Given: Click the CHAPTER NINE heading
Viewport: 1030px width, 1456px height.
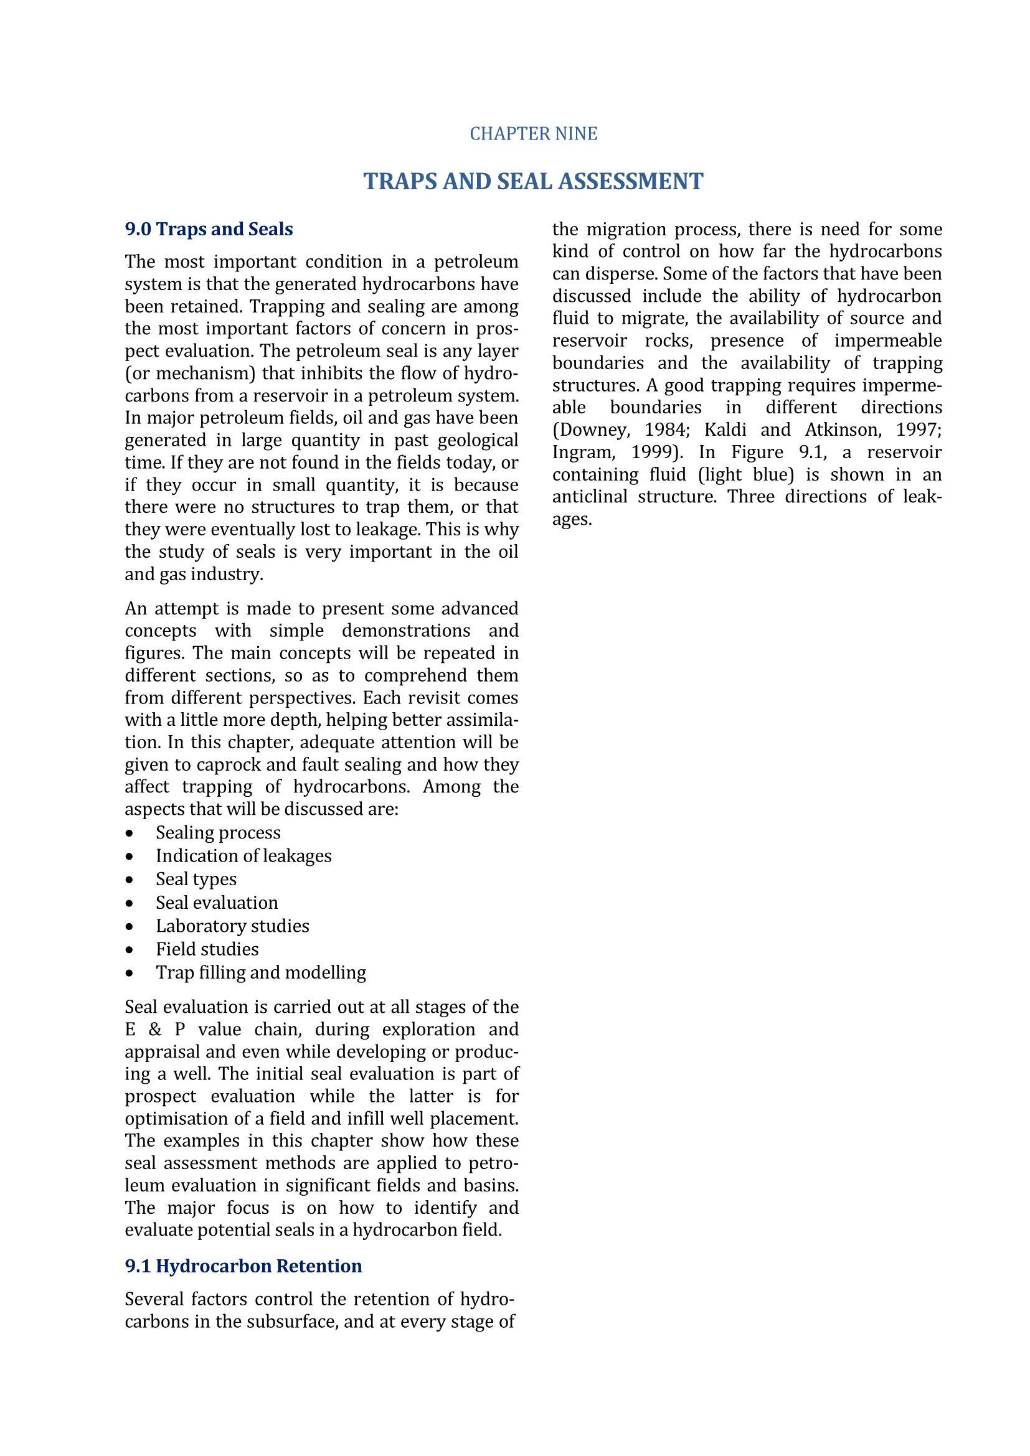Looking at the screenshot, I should click(x=534, y=134).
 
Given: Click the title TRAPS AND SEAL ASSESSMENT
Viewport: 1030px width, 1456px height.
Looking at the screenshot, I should click(x=533, y=181).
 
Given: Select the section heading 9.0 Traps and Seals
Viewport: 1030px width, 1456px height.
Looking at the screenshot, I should click(x=209, y=229).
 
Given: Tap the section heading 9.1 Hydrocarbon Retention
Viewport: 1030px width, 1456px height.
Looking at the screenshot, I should click(x=243, y=1266).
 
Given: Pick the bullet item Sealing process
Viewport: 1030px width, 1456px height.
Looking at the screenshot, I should click(x=218, y=833).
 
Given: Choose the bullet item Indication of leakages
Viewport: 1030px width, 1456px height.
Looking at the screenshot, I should click(x=243, y=856).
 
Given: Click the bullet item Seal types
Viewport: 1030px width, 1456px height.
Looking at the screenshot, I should click(x=196, y=880).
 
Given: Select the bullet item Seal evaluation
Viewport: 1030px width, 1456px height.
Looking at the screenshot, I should click(x=217, y=903).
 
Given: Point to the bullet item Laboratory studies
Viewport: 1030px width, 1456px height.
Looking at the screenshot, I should click(x=232, y=926).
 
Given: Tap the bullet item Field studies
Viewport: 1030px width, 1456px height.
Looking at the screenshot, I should click(x=207, y=949).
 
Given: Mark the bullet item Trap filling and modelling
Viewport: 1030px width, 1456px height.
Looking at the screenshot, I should click(x=261, y=973).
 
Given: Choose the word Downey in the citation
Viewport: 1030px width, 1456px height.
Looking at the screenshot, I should click(x=591, y=430).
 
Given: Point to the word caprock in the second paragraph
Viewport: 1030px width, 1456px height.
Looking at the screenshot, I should click(x=229, y=765).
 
